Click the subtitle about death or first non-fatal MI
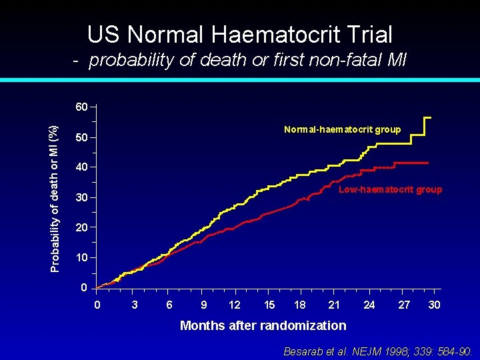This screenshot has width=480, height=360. [240, 61]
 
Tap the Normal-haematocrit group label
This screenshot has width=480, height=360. [342, 129]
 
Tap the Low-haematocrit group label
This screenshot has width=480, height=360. [390, 190]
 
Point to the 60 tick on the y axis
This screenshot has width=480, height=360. [81, 107]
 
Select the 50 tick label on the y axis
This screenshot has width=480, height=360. [81, 138]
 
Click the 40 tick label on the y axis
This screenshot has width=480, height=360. [81, 167]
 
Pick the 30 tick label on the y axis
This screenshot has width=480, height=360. [81, 198]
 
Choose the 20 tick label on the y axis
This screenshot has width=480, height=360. [81, 228]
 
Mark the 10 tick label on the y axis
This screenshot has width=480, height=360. [81, 258]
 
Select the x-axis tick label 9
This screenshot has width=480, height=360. [203, 305]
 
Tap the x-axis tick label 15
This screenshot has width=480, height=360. [269, 305]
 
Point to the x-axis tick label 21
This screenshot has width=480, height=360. [334, 305]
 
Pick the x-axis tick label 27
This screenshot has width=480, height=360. [404, 305]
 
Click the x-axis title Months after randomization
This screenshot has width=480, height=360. [263, 325]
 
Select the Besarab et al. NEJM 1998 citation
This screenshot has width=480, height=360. [378, 351]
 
